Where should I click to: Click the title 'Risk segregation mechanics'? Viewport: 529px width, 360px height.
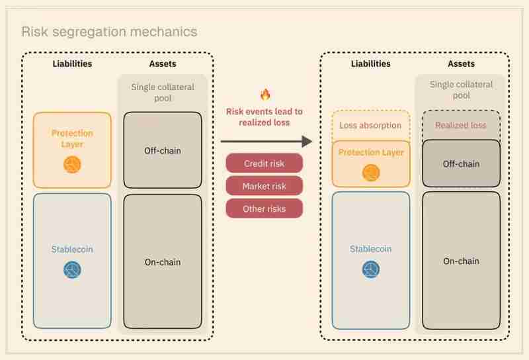(109, 32)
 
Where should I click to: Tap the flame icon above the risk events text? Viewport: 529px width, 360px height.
(265, 95)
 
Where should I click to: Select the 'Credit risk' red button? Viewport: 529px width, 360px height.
(264, 163)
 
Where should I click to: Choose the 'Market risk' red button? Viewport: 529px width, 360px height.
(264, 186)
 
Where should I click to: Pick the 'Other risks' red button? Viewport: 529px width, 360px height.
(264, 208)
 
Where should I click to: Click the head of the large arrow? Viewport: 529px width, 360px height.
(305, 141)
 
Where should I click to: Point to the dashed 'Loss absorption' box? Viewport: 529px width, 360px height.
(370, 125)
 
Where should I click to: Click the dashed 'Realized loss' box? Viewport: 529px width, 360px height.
(461, 125)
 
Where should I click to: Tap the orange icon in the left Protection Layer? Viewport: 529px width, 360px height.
(72, 164)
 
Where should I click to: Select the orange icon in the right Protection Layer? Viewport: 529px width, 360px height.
(371, 173)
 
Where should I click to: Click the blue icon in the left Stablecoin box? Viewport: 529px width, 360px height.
(72, 269)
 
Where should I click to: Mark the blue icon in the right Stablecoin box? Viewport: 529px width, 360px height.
(371, 269)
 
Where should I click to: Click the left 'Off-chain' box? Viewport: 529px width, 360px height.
(163, 150)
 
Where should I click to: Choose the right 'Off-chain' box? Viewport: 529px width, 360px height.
(461, 163)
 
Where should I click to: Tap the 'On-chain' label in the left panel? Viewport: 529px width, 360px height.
(163, 262)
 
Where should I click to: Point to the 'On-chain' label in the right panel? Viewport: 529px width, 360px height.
(461, 261)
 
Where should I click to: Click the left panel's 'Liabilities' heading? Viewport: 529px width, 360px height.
(72, 64)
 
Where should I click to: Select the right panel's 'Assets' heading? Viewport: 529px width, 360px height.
(461, 64)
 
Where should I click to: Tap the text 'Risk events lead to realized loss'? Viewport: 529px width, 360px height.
(264, 117)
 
